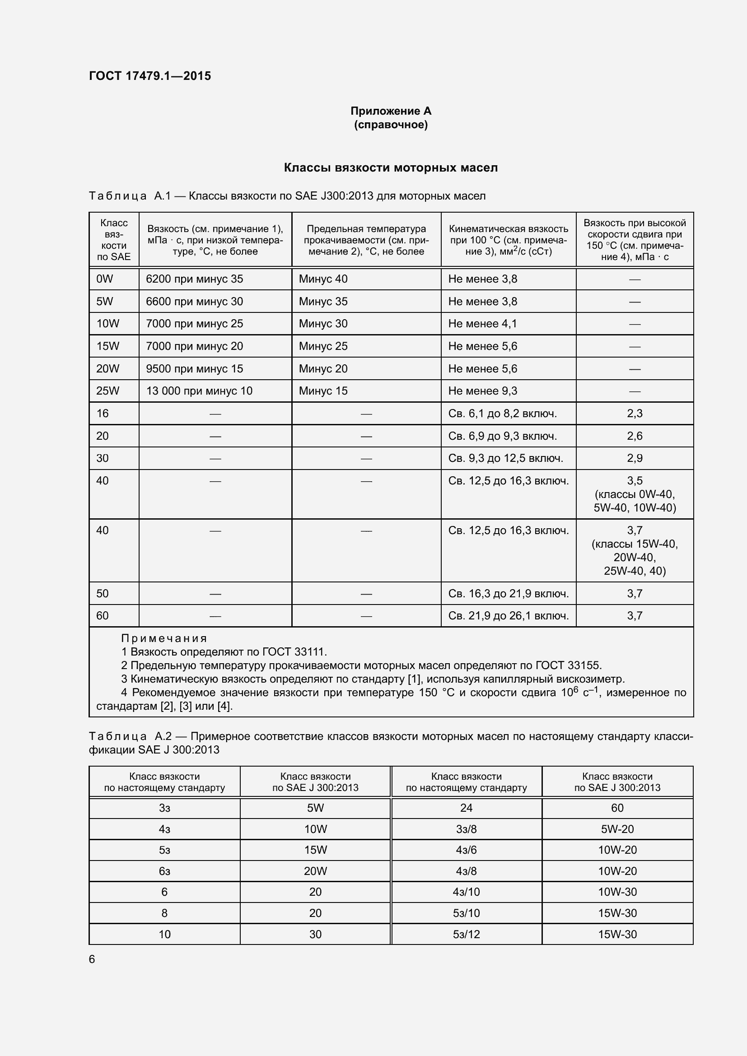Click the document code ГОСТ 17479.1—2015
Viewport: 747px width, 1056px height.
click(150, 76)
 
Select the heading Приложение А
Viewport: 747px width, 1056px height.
click(391, 111)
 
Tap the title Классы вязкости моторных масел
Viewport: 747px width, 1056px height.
click(391, 167)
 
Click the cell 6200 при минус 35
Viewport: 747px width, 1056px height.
click(194, 279)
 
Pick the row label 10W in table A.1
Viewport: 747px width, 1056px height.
click(107, 324)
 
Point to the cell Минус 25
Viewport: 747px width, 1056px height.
click(323, 346)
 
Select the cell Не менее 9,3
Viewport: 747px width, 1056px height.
click(482, 391)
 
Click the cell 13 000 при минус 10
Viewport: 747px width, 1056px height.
click(199, 391)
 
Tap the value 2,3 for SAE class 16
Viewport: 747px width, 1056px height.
click(634, 414)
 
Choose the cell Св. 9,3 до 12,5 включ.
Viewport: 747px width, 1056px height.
click(505, 458)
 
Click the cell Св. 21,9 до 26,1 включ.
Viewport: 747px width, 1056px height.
click(508, 616)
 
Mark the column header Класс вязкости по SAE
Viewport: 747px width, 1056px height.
click(114, 240)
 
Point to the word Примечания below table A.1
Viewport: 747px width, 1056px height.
click(164, 638)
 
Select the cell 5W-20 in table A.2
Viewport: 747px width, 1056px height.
click(617, 829)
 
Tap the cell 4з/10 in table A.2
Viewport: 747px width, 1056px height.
click(466, 892)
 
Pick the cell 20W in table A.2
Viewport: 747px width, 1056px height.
click(315, 871)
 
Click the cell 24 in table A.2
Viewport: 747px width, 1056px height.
click(466, 808)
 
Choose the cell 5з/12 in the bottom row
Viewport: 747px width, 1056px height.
click(466, 935)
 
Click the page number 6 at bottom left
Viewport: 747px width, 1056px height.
click(92, 959)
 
